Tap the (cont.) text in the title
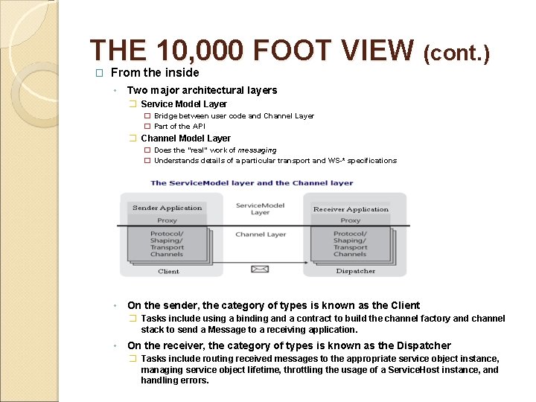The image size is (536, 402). [x=456, y=53]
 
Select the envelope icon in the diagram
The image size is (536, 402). [x=260, y=269]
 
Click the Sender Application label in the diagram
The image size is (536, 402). [x=167, y=208]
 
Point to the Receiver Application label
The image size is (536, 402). [x=351, y=209]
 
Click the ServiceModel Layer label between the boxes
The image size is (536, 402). [x=260, y=208]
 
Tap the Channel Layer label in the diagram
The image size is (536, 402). [x=261, y=234]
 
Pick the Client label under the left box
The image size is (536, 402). [x=168, y=272]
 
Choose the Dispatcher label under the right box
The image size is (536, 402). [x=355, y=271]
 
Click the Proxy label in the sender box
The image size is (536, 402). [x=167, y=220]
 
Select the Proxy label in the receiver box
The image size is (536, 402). [x=350, y=220]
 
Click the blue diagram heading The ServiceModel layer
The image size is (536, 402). [x=252, y=182]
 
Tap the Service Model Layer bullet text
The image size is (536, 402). [x=184, y=104]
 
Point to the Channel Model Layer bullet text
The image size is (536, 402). [x=185, y=138]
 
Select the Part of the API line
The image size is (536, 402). [x=179, y=126]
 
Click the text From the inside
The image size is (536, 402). [x=155, y=72]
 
